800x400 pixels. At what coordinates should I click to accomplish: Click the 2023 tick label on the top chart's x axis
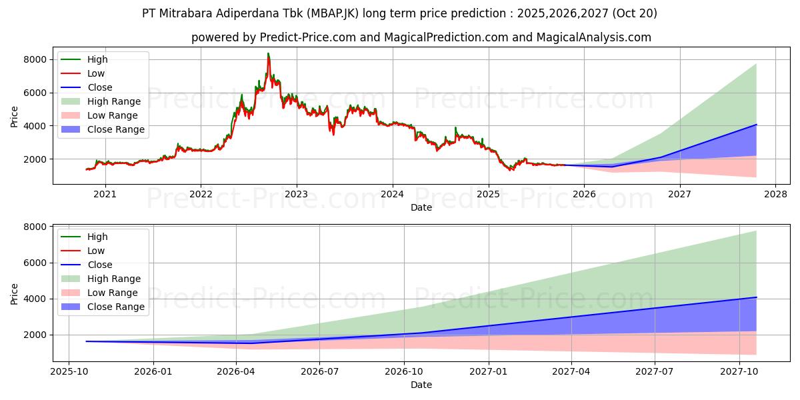click(297, 194)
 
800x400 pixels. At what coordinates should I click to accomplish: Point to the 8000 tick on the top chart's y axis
click(36, 59)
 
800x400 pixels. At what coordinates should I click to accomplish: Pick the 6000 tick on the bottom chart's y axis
click(36, 263)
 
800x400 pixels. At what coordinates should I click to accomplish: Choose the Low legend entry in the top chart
click(95, 73)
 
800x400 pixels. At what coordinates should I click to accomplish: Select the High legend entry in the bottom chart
click(97, 237)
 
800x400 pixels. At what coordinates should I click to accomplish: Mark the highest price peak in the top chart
click(268, 54)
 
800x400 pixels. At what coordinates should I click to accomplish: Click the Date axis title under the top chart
click(421, 207)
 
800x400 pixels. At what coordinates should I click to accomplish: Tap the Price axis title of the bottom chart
click(15, 294)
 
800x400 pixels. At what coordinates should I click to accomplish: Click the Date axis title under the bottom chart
click(421, 385)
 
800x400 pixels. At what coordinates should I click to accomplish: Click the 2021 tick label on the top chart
click(105, 194)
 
